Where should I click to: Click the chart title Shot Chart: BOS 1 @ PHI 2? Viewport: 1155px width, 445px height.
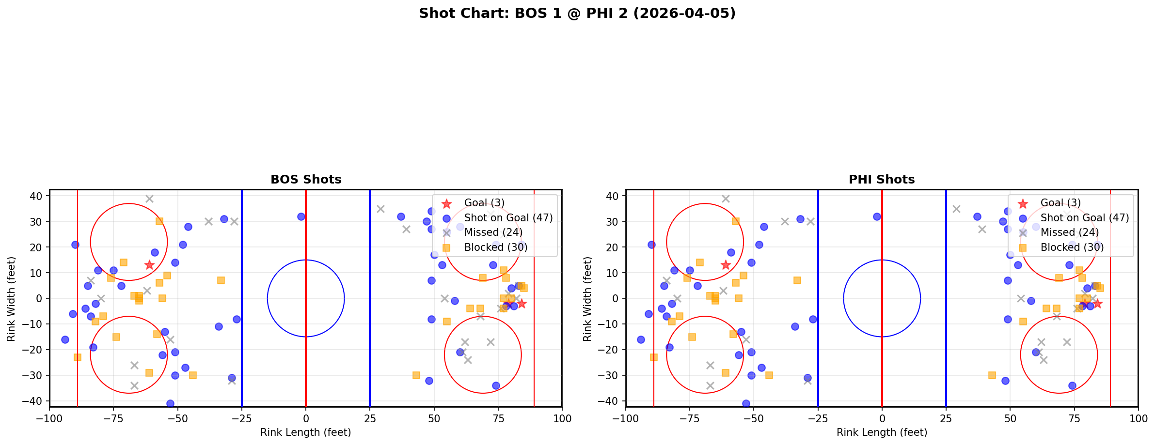[577, 14]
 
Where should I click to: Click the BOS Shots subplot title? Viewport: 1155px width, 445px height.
[306, 180]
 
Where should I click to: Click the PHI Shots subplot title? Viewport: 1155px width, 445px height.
[882, 180]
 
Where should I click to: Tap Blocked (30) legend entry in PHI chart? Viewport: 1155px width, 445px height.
[1072, 247]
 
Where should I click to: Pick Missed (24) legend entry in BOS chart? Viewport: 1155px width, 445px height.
[493, 232]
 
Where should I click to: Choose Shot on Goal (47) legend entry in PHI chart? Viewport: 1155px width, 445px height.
[1084, 218]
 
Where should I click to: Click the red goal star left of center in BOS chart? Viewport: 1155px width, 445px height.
[149, 265]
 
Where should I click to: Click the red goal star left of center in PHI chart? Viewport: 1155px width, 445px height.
[726, 265]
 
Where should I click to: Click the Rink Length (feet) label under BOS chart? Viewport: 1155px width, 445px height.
[306, 432]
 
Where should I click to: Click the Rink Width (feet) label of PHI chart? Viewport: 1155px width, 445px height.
[587, 299]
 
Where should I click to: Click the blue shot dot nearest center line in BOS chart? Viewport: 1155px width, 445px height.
[301, 216]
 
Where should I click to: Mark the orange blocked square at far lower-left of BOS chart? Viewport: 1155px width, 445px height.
[78, 357]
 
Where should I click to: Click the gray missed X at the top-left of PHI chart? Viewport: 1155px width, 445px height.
[726, 199]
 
